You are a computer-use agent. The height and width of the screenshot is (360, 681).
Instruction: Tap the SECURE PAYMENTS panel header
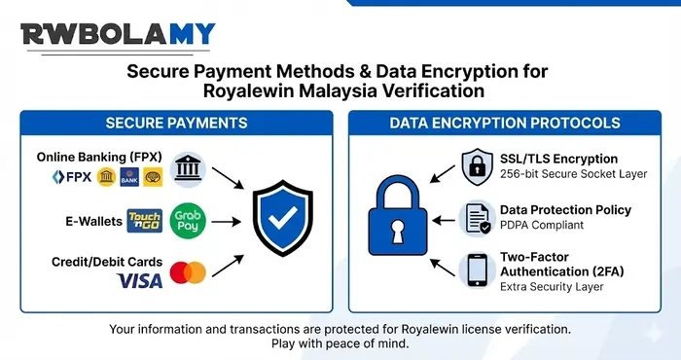[x=176, y=124]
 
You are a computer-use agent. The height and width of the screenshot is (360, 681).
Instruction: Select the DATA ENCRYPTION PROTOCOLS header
[x=504, y=124]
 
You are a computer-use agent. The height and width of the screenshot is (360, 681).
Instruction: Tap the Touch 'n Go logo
[x=143, y=222]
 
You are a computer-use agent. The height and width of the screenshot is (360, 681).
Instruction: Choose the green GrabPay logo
[x=188, y=221]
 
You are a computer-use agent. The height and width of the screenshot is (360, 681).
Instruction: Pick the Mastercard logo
[x=187, y=271]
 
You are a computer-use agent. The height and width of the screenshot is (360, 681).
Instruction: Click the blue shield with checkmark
[x=283, y=220]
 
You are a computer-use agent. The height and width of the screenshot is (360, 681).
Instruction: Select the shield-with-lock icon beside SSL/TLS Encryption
[x=478, y=165]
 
